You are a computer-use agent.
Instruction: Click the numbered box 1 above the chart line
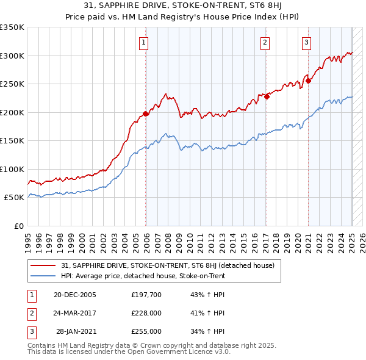click(143, 42)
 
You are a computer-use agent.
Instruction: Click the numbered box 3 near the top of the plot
click(306, 42)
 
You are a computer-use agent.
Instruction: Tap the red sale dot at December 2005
click(146, 113)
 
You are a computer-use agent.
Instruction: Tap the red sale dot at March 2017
click(267, 96)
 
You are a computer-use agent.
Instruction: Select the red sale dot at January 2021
click(309, 81)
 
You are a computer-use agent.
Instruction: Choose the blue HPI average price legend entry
click(143, 276)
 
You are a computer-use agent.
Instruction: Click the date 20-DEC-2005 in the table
click(75, 295)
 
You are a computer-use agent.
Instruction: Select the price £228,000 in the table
click(146, 313)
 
